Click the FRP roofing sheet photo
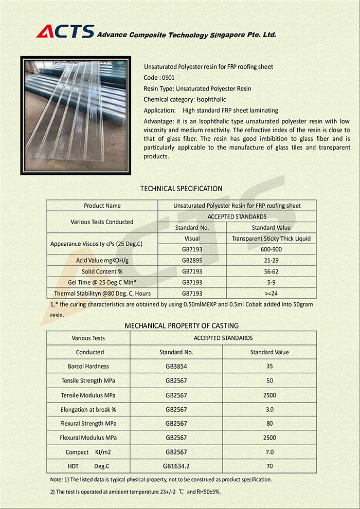pos(76,116)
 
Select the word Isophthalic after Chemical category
pos(211,99)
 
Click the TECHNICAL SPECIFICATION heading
pos(181,189)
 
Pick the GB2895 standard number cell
pos(192,261)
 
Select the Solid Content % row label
pos(102,271)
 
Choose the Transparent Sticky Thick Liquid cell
pos(271,239)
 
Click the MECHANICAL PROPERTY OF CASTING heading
pos(182,325)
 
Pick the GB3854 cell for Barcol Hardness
pos(176,367)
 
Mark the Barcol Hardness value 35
pos(269,367)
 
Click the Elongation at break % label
pos(88,410)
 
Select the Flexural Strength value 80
pos(269,424)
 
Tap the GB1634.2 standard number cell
pos(176,466)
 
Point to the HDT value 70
pos(269,466)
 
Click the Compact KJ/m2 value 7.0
pos(269,452)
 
